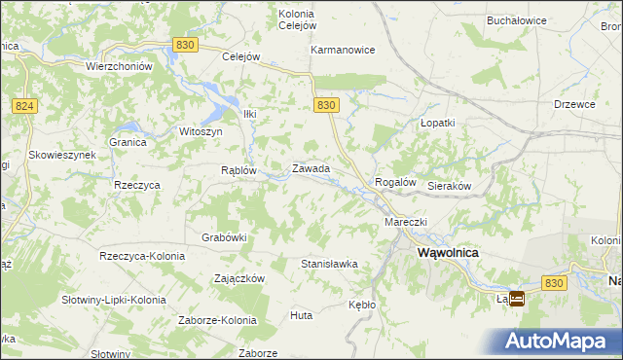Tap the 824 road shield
click(25, 105)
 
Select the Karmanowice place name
click(343, 50)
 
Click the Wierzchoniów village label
click(120, 66)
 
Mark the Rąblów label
click(238, 169)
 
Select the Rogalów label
click(396, 182)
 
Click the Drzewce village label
click(574, 103)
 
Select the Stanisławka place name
click(329, 264)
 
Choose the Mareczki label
click(406, 222)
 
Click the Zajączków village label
click(239, 277)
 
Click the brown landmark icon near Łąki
click(517, 300)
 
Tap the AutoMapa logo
click(563, 341)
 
